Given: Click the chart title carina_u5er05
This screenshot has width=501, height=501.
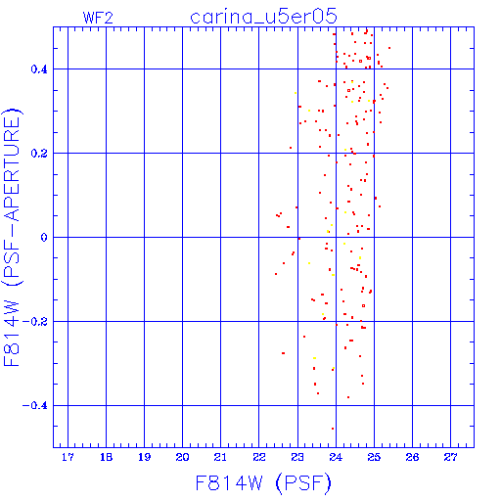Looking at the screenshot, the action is point(263,17).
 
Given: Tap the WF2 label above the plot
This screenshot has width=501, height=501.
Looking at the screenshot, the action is point(98,18).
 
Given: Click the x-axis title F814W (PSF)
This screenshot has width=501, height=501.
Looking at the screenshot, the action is point(263,483).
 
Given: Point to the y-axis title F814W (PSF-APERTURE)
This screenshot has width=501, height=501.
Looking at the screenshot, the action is point(12,237).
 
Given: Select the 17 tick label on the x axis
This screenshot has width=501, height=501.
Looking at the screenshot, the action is point(68,457).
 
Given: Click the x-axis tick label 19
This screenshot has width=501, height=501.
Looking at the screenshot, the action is point(144,457).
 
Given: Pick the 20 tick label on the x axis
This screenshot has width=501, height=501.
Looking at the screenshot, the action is point(182,457).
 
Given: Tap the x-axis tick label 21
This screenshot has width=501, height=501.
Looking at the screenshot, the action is point(220,457).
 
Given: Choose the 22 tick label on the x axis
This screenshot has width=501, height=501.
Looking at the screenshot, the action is point(259,457).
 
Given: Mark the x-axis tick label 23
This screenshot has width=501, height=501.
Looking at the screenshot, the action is point(297,457).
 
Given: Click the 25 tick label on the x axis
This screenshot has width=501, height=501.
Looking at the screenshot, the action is point(374,457).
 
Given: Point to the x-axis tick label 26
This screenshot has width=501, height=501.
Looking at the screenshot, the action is point(412,457).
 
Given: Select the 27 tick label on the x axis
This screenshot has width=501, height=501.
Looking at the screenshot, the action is point(450,457).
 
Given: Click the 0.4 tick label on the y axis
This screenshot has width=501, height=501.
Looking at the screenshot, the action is point(39,69).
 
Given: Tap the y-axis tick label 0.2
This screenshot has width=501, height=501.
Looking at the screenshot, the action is point(39,154).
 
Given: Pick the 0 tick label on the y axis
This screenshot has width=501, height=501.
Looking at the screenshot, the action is point(44,238).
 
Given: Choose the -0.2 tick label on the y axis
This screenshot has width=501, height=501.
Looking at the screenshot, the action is point(35,322).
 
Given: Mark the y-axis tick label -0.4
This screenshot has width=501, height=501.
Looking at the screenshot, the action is point(35,406).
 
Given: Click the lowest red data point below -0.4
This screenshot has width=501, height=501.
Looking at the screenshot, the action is point(333,429).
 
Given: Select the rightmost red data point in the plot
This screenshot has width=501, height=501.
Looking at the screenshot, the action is point(389,48).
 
